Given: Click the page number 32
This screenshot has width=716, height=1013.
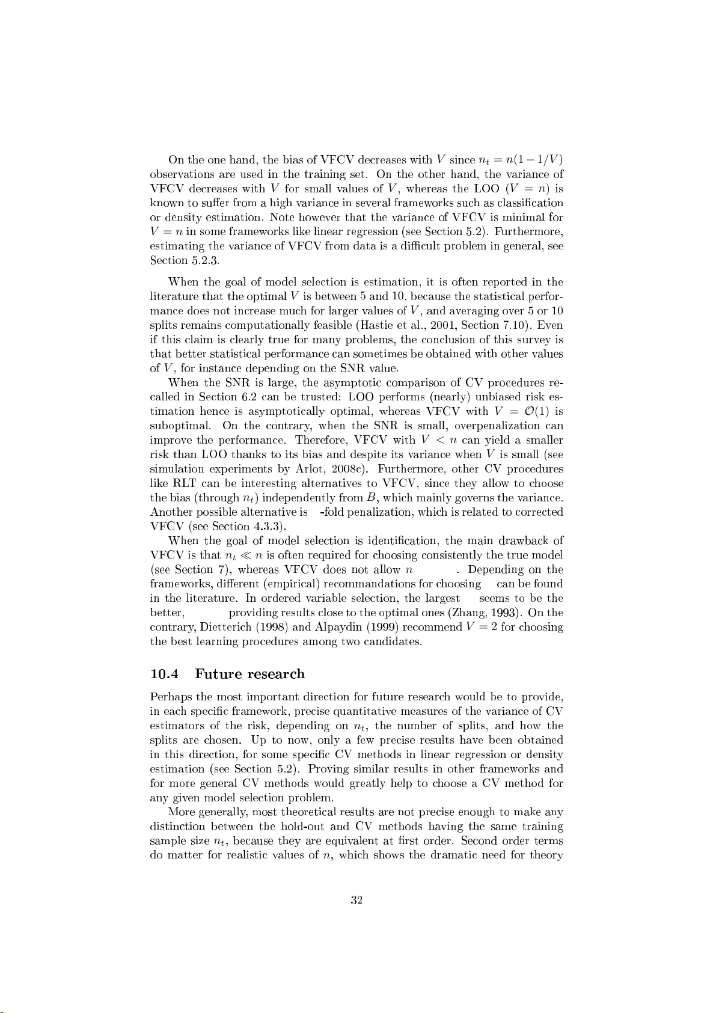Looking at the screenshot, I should point(356,900).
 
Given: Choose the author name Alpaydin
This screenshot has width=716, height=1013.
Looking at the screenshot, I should point(338,627).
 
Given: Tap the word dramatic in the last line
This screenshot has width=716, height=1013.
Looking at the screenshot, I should point(452,855).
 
